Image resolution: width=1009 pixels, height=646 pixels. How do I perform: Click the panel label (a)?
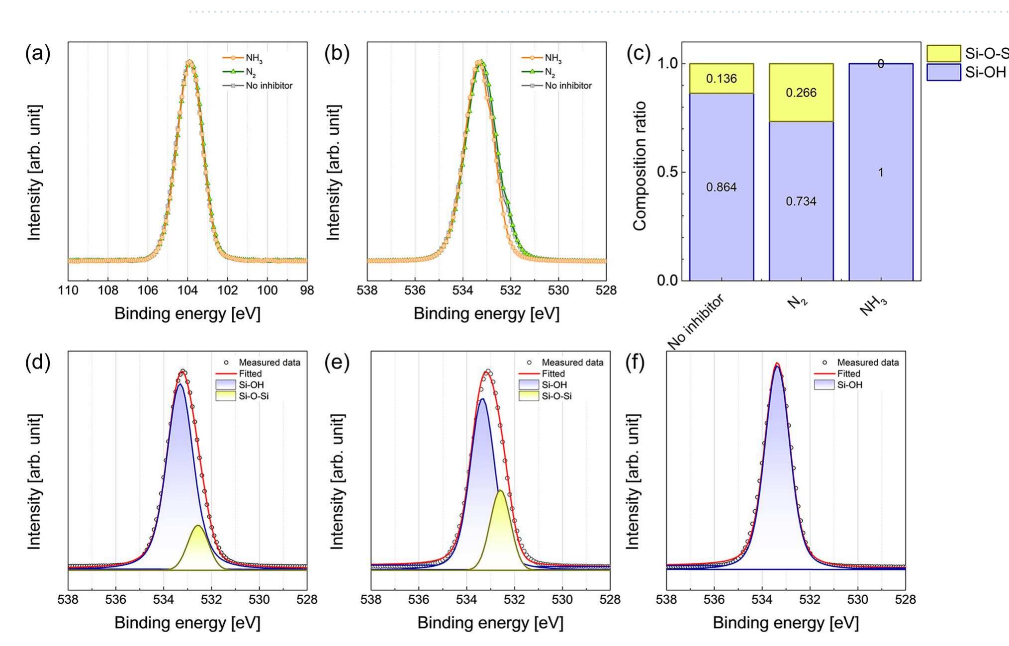pyautogui.click(x=38, y=53)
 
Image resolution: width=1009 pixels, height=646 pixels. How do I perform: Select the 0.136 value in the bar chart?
pyautogui.click(x=721, y=79)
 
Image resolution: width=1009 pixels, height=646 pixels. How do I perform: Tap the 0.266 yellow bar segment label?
pyautogui.click(x=801, y=93)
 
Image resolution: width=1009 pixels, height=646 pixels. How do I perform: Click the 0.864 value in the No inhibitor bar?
pyautogui.click(x=721, y=187)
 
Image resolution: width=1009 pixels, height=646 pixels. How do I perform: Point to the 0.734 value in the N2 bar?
pyautogui.click(x=801, y=201)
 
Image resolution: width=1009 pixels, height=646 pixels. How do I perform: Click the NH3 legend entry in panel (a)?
pyautogui.click(x=254, y=59)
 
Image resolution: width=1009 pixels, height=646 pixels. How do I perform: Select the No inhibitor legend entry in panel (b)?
pyautogui.click(x=568, y=86)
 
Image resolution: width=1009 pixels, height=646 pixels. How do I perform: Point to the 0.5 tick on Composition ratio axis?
pyautogui.click(x=667, y=172)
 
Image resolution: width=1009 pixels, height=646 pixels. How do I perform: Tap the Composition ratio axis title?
pyautogui.click(x=640, y=166)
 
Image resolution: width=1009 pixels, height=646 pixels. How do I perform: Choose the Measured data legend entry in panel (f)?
pyautogui.click(x=867, y=363)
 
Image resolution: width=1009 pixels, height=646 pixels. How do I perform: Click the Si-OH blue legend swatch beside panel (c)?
pyautogui.click(x=943, y=72)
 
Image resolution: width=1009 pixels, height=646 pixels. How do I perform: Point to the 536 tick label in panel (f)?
pyautogui.click(x=714, y=600)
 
